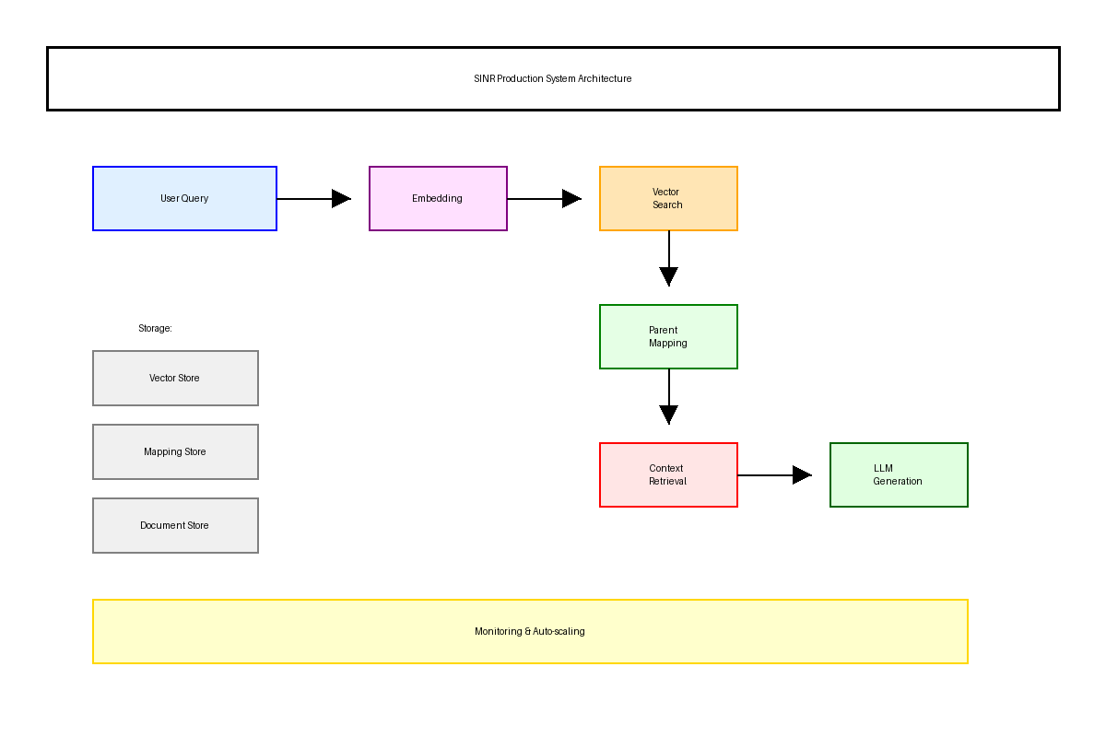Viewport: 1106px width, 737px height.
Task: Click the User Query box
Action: point(184,198)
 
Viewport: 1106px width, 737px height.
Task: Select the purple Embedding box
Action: point(438,198)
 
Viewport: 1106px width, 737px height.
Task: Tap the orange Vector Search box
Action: point(668,198)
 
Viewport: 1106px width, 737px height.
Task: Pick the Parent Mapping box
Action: point(668,336)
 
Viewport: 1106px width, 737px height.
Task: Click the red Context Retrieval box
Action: point(668,474)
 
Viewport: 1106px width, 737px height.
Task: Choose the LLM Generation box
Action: point(899,474)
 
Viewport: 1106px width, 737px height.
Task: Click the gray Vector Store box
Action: point(175,378)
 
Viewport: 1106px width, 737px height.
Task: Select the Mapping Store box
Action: point(175,451)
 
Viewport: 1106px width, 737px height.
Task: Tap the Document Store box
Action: point(175,525)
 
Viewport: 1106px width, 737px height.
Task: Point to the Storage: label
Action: point(155,328)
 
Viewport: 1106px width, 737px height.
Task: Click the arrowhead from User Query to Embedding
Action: point(341,198)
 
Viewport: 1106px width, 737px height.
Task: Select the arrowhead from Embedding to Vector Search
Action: point(571,198)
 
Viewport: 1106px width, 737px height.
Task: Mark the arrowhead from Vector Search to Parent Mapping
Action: point(669,275)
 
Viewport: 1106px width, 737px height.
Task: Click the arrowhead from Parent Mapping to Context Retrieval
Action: point(669,414)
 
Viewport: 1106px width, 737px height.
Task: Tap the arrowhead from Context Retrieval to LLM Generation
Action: point(801,474)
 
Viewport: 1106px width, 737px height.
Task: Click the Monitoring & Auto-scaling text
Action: point(530,631)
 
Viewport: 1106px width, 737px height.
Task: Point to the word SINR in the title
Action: point(485,78)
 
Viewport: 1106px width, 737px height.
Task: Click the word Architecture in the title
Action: point(605,78)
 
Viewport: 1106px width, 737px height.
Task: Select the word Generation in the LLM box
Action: point(898,481)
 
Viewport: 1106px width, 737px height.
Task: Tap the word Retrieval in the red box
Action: point(667,481)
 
